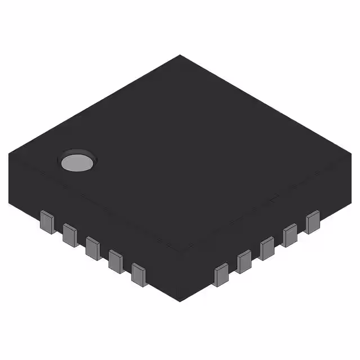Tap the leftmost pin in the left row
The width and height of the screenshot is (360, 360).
tap(47, 222)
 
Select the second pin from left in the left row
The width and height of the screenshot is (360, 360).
tap(70, 235)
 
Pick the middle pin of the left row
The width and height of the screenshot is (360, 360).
tap(93, 247)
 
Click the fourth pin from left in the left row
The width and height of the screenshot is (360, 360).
tap(116, 260)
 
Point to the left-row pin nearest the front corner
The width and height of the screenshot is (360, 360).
tap(139, 274)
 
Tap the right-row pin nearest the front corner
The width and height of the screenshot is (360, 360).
tap(221, 274)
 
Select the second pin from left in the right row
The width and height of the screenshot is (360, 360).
tap(244, 261)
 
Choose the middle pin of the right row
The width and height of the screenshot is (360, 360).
tap(267, 248)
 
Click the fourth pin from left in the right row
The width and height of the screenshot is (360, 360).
tap(290, 235)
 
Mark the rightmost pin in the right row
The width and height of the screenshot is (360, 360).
tap(312, 222)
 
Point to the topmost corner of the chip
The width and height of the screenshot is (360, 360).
tap(180, 55)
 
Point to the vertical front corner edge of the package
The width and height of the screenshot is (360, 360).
tap(180, 278)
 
